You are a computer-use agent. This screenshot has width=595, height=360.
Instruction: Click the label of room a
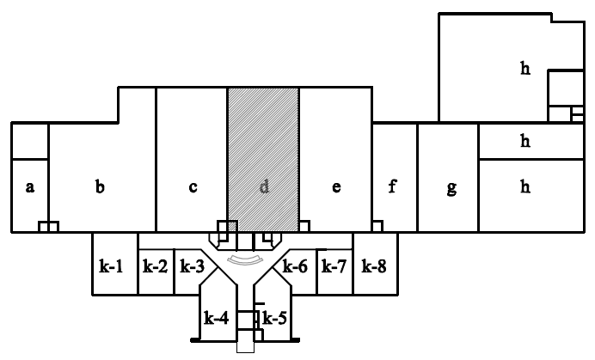pyautogui.click(x=30, y=186)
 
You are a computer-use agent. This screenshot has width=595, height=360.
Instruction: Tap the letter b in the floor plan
pyautogui.click(x=101, y=186)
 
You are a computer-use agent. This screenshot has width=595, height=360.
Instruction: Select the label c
pyautogui.click(x=193, y=186)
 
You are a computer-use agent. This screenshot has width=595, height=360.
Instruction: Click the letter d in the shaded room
pyautogui.click(x=264, y=186)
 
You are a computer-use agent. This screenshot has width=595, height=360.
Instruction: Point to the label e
pyautogui.click(x=335, y=186)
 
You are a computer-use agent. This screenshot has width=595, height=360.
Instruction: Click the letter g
pyautogui.click(x=451, y=188)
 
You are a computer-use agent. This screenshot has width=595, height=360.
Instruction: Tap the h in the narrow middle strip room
pyautogui.click(x=524, y=142)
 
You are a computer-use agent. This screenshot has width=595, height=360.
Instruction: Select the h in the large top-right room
pyautogui.click(x=524, y=69)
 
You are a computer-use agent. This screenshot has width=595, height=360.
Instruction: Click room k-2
pyautogui.click(x=155, y=266)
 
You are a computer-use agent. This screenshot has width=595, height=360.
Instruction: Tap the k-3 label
pyautogui.click(x=191, y=266)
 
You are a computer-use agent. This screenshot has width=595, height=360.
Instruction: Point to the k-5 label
pyautogui.click(x=274, y=319)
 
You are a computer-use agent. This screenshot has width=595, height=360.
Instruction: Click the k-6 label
pyautogui.click(x=296, y=266)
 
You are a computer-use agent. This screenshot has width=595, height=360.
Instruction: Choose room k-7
pyautogui.click(x=334, y=266)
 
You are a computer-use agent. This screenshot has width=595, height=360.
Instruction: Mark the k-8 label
pyautogui.click(x=373, y=266)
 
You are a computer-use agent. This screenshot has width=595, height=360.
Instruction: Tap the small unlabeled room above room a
pyautogui.click(x=30, y=141)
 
